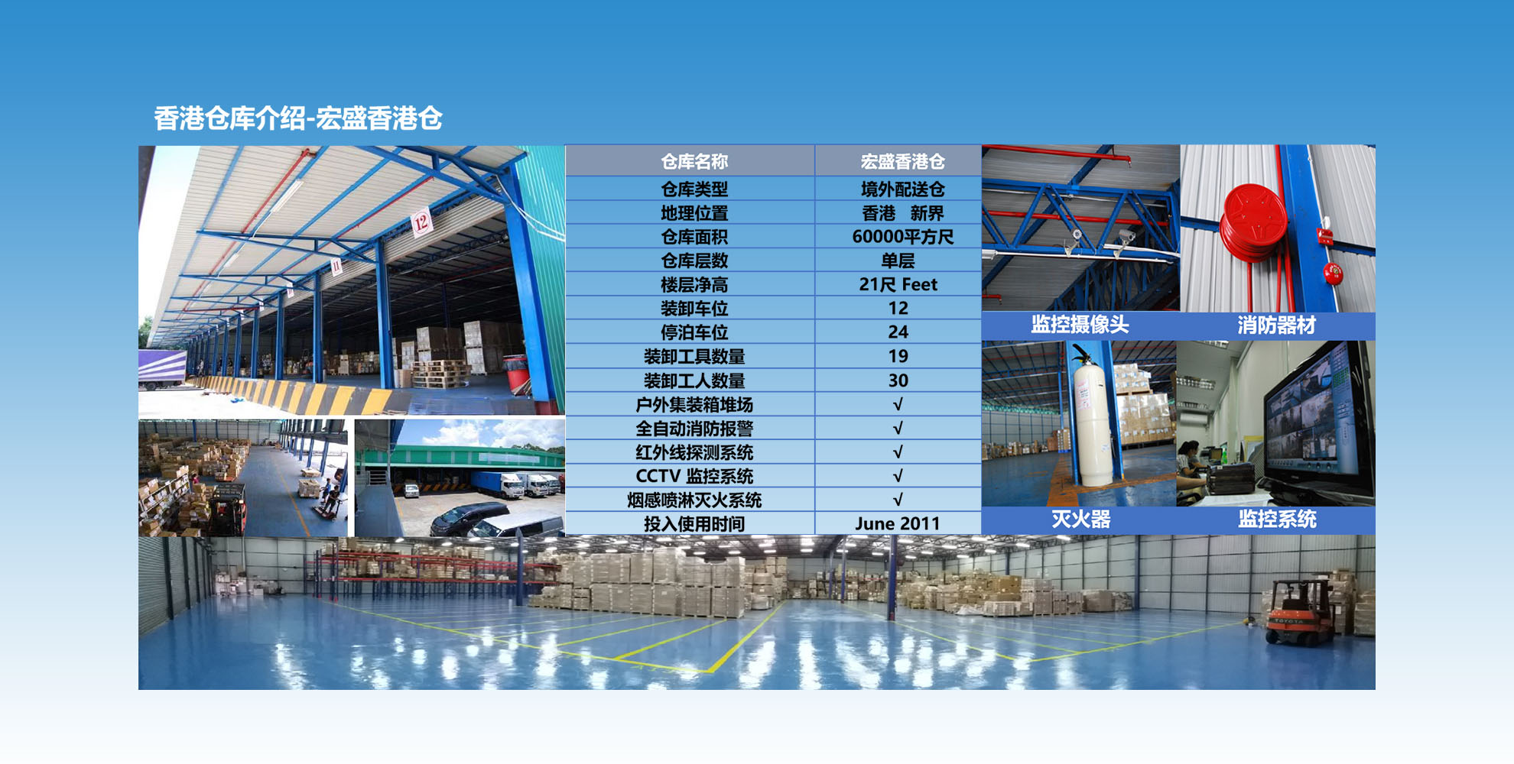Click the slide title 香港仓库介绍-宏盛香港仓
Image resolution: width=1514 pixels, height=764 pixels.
coord(298,118)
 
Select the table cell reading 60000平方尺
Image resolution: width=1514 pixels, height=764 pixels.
coord(902,237)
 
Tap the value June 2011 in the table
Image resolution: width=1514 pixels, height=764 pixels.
coord(897,523)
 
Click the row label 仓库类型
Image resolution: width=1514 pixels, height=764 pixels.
coord(694,189)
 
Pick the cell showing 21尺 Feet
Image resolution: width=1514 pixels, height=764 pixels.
coord(898,284)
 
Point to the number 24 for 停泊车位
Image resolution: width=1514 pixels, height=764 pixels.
coord(898,332)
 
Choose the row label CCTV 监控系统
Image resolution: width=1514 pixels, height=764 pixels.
coord(694,476)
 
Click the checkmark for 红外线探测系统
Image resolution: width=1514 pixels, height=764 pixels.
coord(898,452)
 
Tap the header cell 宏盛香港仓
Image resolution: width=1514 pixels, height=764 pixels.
coord(902,161)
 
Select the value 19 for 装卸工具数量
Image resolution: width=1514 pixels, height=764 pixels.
coord(898,356)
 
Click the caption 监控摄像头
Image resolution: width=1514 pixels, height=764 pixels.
coord(1080,325)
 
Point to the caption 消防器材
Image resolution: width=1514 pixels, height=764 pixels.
coord(1276,325)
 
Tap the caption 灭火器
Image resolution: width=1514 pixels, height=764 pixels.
coord(1080,520)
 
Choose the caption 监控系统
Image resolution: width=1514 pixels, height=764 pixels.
coord(1276,520)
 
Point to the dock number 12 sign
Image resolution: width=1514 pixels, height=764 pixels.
coord(421,222)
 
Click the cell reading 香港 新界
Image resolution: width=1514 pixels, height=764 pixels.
coord(902,213)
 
